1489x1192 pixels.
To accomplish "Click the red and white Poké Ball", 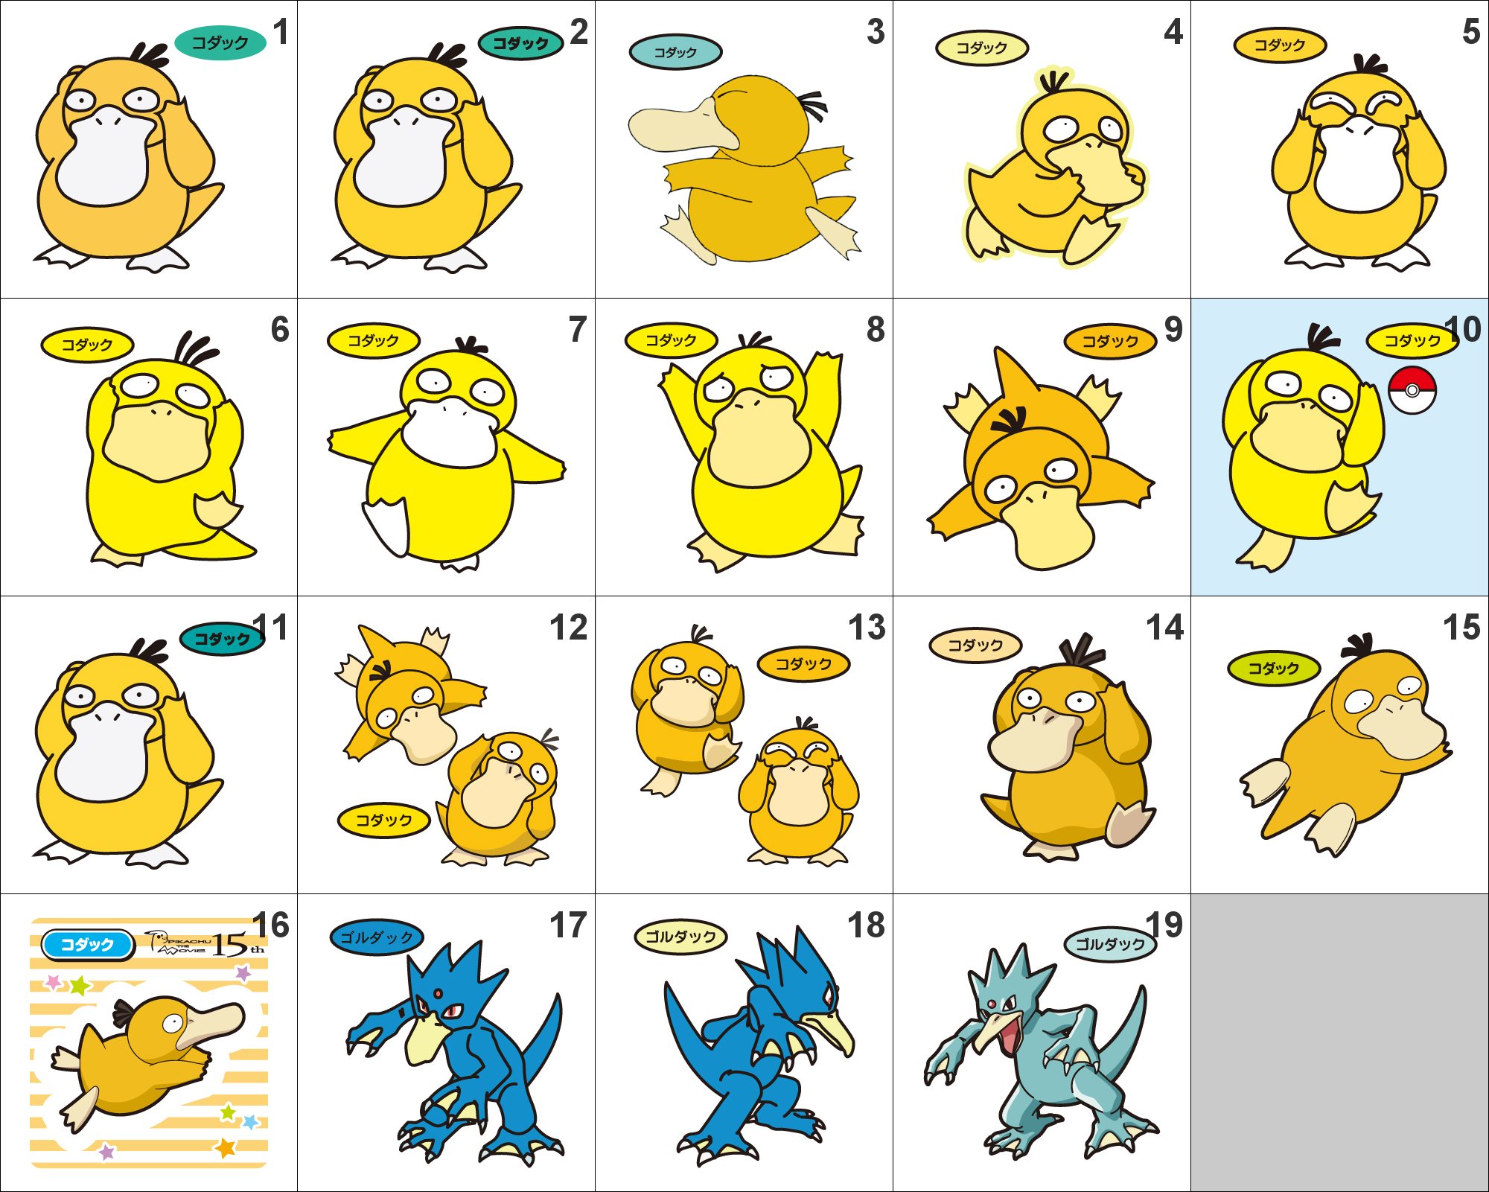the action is click(1412, 390).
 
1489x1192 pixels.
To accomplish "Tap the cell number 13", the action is click(867, 627).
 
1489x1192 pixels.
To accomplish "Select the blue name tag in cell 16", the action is click(87, 945).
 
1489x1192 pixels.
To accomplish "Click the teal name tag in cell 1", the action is click(220, 42).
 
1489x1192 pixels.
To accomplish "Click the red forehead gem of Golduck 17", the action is click(439, 993).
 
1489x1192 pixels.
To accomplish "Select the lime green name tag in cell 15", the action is click(1273, 668).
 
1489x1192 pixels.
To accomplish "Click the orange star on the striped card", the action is click(225, 1147).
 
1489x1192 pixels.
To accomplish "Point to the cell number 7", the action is click(578, 329).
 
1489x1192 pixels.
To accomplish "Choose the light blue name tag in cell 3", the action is click(675, 52).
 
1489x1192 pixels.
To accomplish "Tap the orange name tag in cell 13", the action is click(803, 663).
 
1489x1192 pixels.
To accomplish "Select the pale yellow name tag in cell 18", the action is click(680, 937).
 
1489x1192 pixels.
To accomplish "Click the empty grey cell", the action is click(1339, 1042).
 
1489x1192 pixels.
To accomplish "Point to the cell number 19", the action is click(1164, 925).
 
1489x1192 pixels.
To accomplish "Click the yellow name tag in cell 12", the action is click(383, 820).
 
